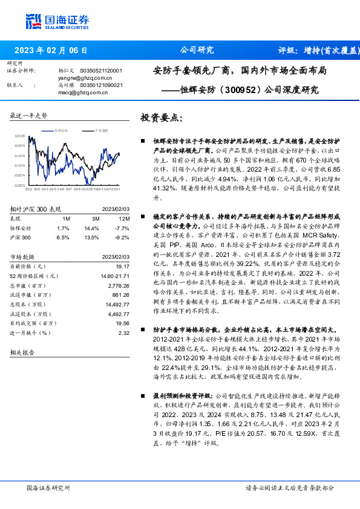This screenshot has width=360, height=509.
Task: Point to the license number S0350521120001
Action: pos(101,71)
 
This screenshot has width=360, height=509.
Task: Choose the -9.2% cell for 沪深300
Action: pos(122,238)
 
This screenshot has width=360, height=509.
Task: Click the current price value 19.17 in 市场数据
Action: pos(123,267)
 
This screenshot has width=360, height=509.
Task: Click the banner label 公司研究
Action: pos(197,51)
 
